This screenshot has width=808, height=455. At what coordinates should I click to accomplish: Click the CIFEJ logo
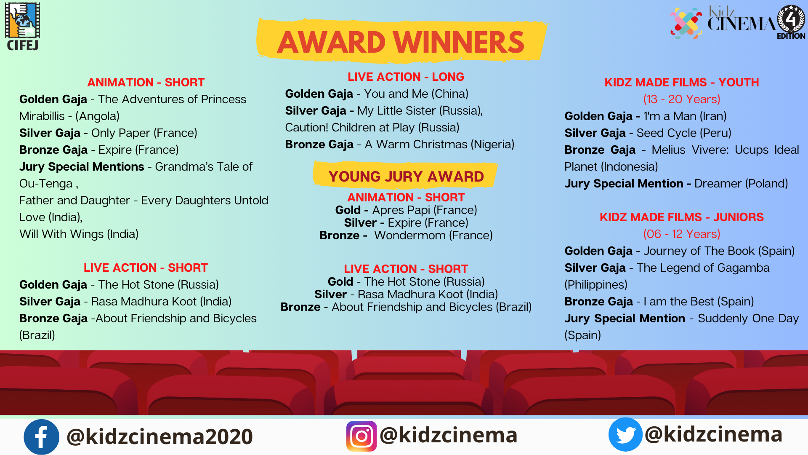[x=23, y=26]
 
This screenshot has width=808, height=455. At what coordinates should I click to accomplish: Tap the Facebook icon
[x=41, y=437]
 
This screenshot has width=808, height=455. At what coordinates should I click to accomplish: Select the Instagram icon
[x=361, y=436]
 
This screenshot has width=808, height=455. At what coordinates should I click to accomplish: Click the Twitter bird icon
[x=625, y=434]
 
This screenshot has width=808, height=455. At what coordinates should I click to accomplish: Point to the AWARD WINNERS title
[x=401, y=42]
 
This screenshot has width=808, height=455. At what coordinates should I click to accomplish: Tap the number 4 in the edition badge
[x=791, y=19]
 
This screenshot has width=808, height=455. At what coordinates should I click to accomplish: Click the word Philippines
[x=596, y=284]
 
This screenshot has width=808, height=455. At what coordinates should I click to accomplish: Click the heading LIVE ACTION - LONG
[x=406, y=77]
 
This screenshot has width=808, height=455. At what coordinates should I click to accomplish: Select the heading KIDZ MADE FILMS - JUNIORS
[x=681, y=217]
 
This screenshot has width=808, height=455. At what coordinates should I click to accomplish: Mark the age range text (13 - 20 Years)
[x=681, y=99]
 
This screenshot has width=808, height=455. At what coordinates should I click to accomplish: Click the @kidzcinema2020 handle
[x=159, y=436]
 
